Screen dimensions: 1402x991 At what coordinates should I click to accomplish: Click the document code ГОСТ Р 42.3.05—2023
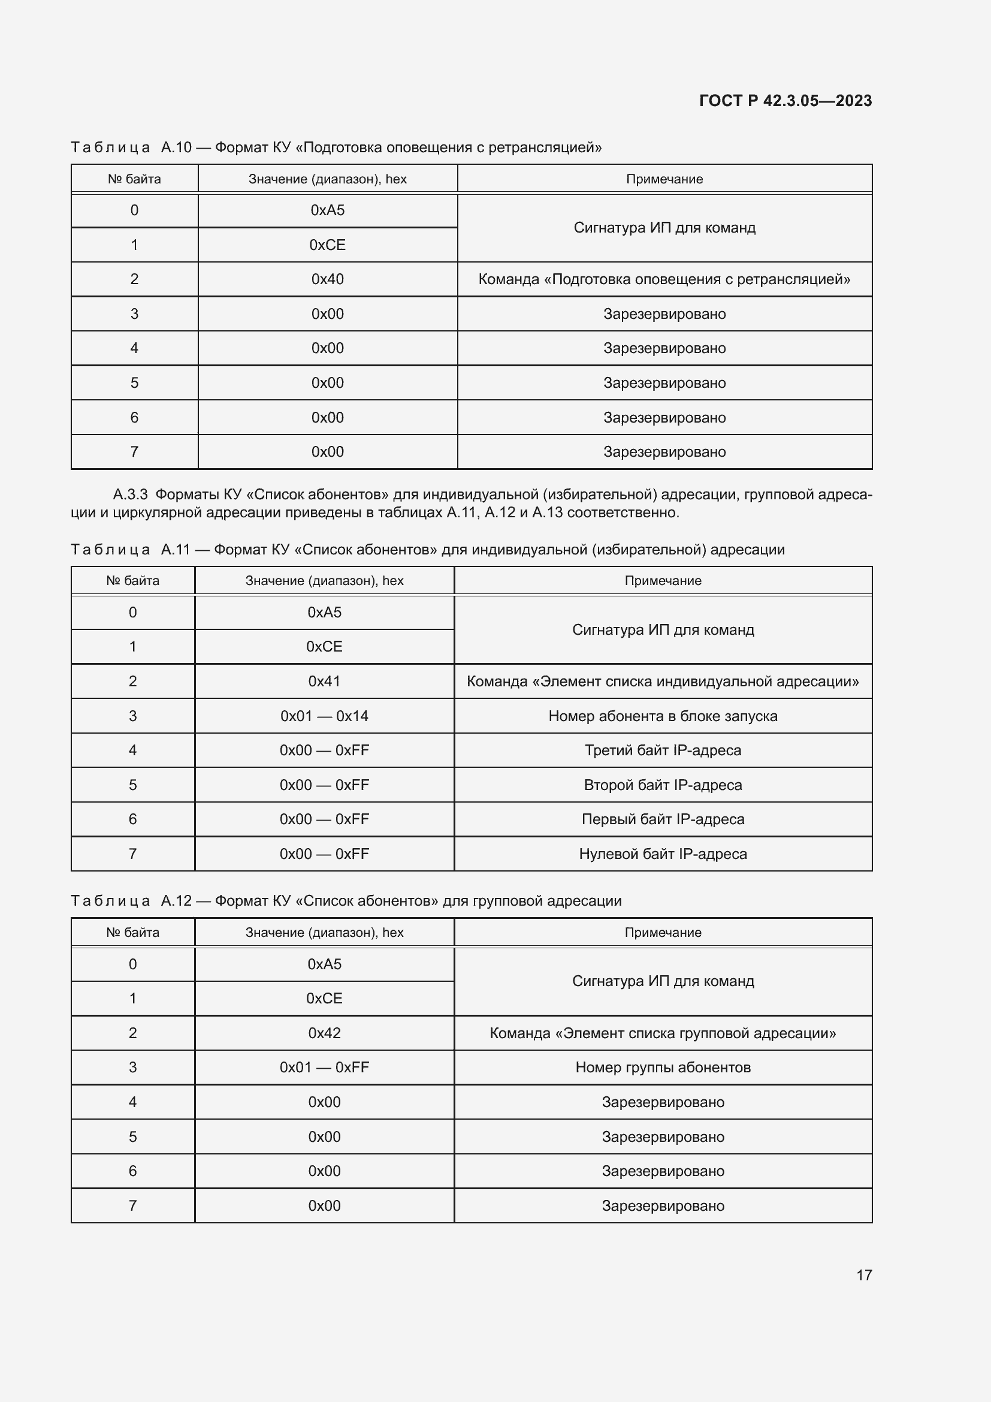tap(785, 101)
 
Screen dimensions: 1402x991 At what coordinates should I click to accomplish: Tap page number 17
tap(863, 1275)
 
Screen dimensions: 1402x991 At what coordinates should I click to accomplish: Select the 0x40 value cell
tap(327, 279)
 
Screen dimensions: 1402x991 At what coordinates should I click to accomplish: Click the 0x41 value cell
tap(324, 681)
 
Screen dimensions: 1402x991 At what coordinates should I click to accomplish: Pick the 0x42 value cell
tap(324, 1033)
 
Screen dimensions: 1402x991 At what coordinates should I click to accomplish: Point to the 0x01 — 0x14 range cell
tap(324, 716)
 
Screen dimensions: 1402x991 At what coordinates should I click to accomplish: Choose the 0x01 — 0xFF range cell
tap(324, 1068)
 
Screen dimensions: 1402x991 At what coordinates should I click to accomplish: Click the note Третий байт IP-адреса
tap(663, 750)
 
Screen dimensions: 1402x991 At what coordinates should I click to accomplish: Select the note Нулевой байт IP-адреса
tap(663, 854)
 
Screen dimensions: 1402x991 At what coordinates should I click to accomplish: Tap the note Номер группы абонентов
tap(663, 1068)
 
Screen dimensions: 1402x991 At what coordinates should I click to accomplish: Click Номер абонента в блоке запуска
tap(663, 716)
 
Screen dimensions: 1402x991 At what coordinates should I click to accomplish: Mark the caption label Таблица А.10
tap(131, 147)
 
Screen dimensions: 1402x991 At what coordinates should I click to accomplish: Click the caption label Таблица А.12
tap(131, 901)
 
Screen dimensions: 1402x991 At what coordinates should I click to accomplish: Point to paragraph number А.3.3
tap(130, 494)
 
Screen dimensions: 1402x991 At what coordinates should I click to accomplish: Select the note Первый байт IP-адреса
tap(663, 819)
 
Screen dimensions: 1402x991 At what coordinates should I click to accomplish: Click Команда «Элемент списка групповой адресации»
tap(663, 1033)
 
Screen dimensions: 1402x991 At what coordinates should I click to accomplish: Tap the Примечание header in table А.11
tap(663, 581)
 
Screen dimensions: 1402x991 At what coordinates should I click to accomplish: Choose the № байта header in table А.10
tap(134, 179)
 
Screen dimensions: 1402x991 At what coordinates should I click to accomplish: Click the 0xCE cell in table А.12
tap(324, 999)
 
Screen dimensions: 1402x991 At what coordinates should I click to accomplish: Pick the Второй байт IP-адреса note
tap(663, 785)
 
